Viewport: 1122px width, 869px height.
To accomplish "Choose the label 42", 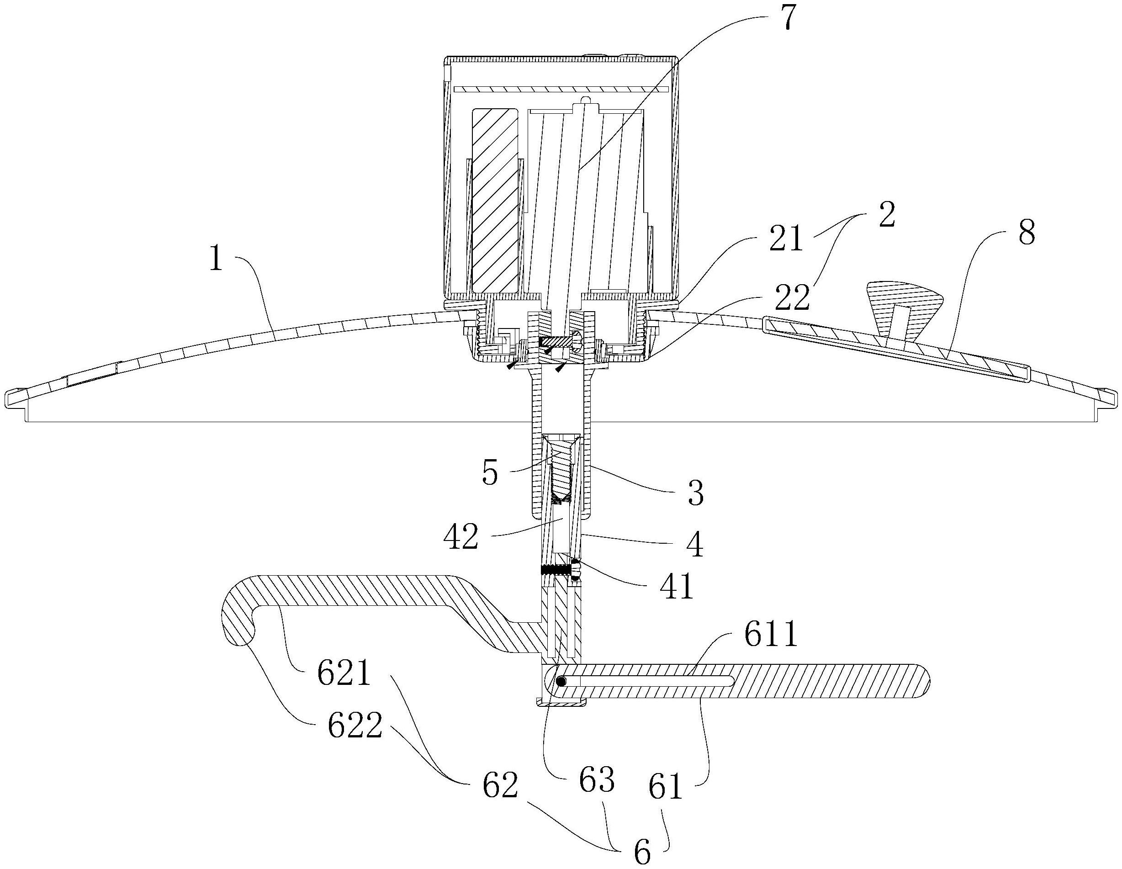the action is click(461, 537).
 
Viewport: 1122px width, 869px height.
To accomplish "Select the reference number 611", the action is click(771, 634).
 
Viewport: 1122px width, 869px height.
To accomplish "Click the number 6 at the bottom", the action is click(642, 851).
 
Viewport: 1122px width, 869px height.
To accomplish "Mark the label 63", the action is click(597, 781).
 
